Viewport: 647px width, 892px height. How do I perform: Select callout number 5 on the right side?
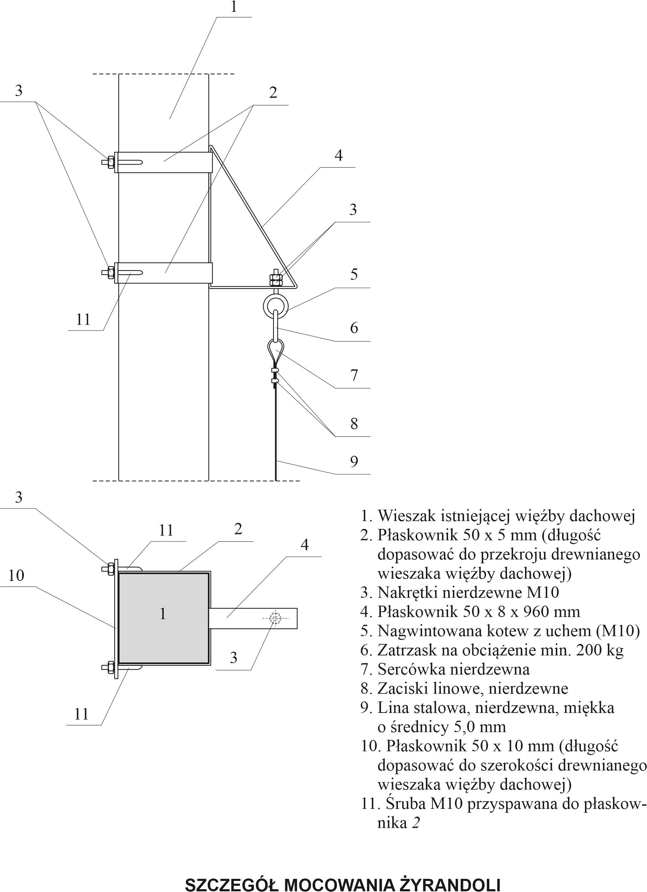354,274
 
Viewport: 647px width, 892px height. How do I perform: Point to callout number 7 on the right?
354,375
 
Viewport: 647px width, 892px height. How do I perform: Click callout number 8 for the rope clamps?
354,424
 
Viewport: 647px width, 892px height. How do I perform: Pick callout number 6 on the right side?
354,328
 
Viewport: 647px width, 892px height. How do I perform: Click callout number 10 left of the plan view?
16,575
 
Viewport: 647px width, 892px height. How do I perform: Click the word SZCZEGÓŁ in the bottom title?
232,884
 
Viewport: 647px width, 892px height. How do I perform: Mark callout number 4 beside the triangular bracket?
339,156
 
